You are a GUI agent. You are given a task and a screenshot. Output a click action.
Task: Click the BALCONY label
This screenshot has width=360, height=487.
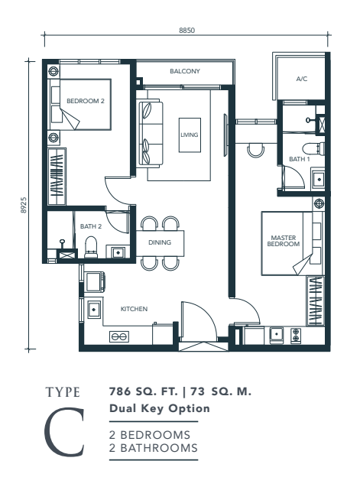[x=185, y=71]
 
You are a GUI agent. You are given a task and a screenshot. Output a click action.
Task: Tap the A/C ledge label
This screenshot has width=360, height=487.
[x=302, y=79]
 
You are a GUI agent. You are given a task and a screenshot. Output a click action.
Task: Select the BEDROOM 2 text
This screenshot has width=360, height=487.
[x=86, y=101]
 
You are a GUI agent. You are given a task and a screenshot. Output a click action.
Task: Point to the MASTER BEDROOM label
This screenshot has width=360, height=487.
[x=284, y=241]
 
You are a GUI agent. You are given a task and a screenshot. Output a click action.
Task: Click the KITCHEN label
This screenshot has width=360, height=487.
[x=134, y=309]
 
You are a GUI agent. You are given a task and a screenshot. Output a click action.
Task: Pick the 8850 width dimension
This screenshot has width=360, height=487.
[x=187, y=30]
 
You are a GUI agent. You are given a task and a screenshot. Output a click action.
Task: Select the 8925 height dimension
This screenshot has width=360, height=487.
[x=24, y=205]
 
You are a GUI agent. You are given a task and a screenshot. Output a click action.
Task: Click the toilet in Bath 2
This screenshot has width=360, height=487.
[x=91, y=248]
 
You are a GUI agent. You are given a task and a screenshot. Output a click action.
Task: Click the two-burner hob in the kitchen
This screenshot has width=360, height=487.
[x=119, y=336]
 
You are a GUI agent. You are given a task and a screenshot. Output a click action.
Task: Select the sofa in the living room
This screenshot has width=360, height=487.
[x=151, y=134]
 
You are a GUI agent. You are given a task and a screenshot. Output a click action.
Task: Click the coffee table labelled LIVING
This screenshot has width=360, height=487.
[x=190, y=135]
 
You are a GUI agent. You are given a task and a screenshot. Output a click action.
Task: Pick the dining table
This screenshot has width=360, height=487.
[x=160, y=243]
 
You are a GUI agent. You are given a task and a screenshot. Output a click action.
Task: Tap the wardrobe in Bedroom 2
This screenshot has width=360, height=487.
[x=57, y=177]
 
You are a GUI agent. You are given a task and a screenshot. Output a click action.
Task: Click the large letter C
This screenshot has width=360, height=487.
[x=65, y=432]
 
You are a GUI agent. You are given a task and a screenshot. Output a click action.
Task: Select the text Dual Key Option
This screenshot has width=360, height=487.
[x=160, y=408]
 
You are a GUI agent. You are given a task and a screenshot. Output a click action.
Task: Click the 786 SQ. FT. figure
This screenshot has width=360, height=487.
[x=143, y=391]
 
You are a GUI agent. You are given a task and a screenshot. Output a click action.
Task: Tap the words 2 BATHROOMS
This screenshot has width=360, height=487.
[x=154, y=448]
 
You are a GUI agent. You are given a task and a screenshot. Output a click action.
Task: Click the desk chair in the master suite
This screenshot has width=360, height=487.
[x=256, y=151]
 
